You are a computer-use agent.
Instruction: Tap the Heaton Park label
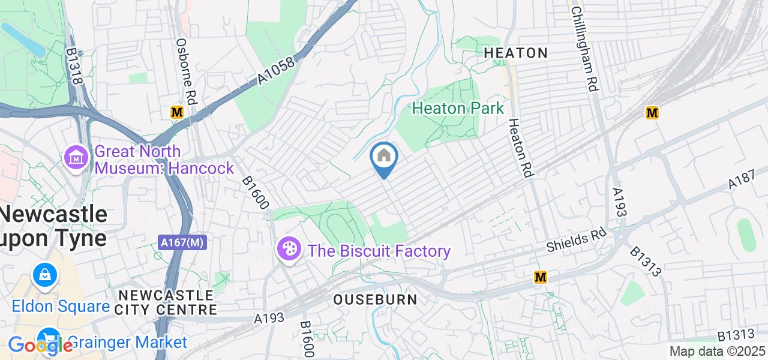[458, 109]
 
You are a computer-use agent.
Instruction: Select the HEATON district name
[515, 53]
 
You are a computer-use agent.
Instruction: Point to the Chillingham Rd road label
[584, 49]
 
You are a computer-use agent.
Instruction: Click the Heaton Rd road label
[520, 147]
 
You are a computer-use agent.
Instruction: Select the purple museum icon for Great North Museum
[76, 159]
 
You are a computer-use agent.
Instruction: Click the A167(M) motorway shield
[183, 242]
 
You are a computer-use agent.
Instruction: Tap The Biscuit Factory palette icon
[289, 249]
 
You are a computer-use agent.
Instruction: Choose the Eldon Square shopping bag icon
[45, 276]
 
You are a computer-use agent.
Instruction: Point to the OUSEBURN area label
[375, 299]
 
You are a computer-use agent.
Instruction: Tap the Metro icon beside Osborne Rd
[176, 112]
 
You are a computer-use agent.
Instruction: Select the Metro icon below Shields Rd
[541, 277]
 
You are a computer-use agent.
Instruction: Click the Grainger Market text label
[127, 343]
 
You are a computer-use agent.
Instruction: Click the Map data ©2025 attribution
[717, 352]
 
